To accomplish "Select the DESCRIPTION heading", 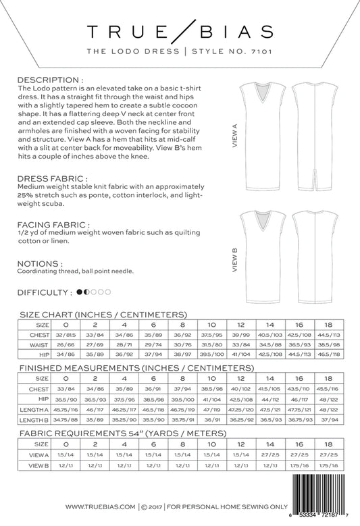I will coord(48,80).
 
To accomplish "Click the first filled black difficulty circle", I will coord(79,292).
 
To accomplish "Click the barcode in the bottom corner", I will coord(322,497).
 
